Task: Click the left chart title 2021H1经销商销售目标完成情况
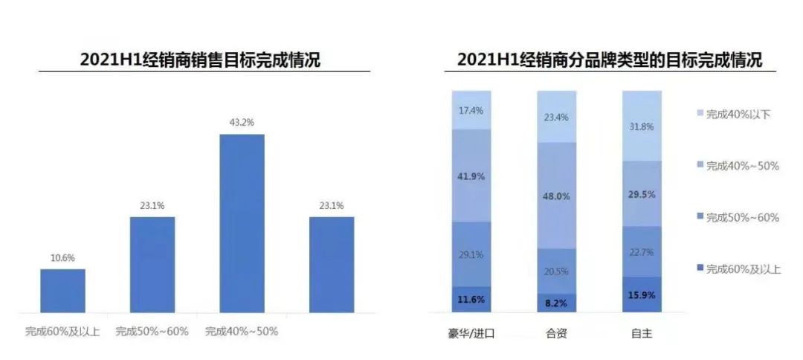200,60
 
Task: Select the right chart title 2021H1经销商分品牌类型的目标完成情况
610,60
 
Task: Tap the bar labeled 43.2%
242,223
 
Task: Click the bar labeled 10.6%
62,291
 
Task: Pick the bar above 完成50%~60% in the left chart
152,265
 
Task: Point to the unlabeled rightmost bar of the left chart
332,265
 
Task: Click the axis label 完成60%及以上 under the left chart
62,331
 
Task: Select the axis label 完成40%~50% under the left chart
242,331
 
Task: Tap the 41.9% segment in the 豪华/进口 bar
471,176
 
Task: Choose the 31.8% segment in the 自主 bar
641,126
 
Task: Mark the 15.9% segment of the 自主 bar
641,295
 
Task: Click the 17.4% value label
471,111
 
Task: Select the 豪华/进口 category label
471,334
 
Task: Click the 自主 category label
641,334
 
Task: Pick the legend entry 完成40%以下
732,114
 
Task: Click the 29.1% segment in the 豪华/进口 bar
471,254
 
